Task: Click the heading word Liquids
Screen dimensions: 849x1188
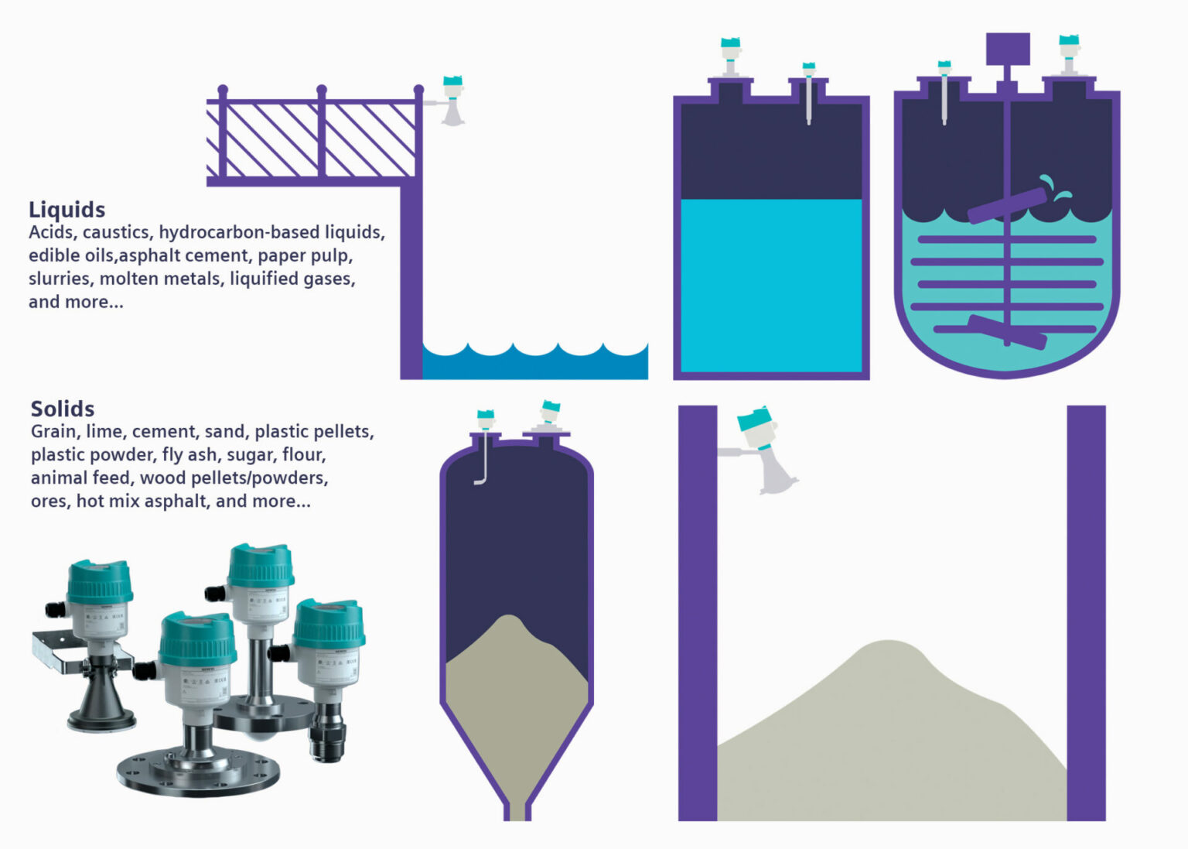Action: (67, 210)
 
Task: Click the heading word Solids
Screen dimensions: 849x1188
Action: (63, 409)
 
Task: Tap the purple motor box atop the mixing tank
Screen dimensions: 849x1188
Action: (1008, 49)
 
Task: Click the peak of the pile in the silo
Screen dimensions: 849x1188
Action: (509, 618)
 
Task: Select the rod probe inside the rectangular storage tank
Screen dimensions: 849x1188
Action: (808, 101)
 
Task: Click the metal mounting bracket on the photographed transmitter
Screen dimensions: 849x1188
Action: (62, 651)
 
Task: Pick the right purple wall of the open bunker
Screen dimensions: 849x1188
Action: (1086, 611)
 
